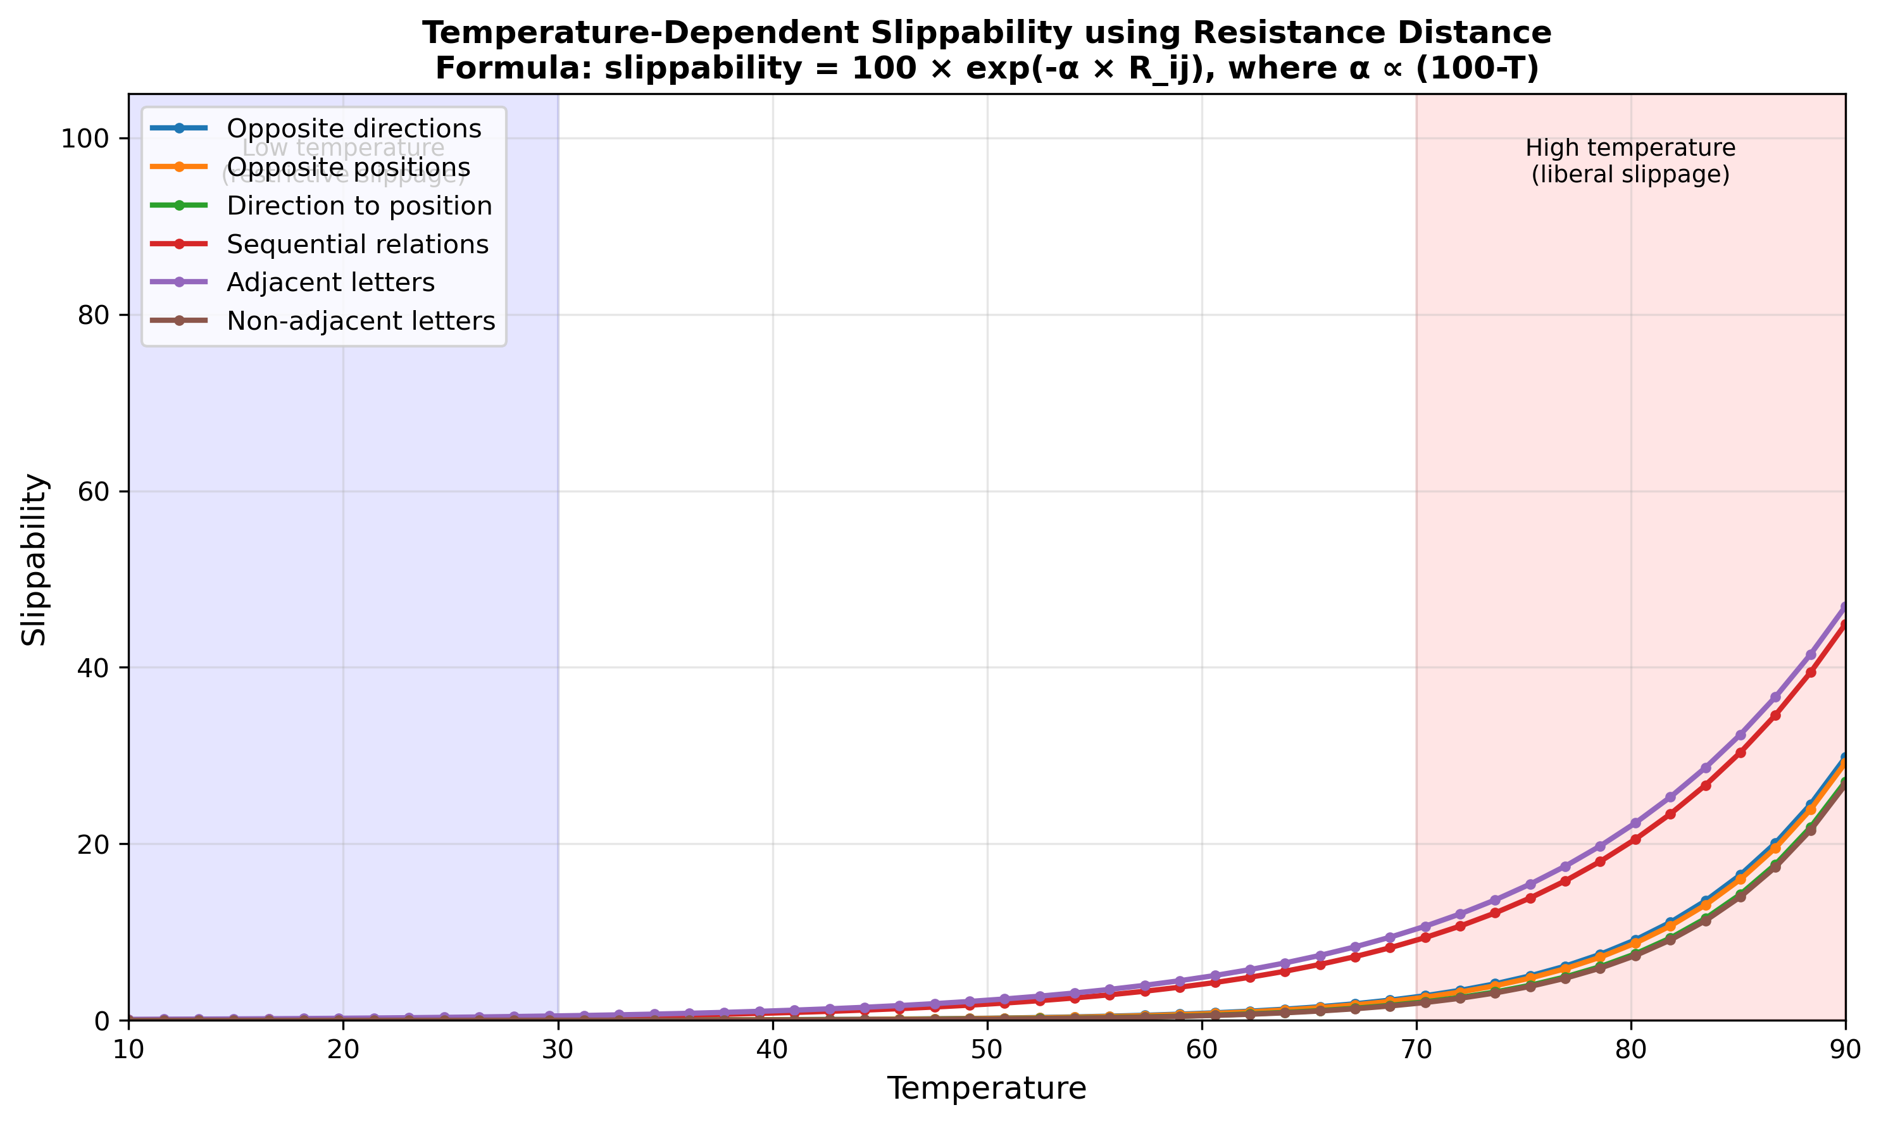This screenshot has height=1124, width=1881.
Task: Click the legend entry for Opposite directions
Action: [x=354, y=128]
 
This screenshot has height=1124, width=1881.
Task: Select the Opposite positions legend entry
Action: [x=348, y=167]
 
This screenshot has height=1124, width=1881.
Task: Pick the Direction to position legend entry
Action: [x=359, y=206]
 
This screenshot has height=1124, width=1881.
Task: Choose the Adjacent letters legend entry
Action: [x=330, y=282]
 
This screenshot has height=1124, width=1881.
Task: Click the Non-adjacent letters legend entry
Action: [x=361, y=321]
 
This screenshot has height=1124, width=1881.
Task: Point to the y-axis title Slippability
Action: [x=34, y=559]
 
